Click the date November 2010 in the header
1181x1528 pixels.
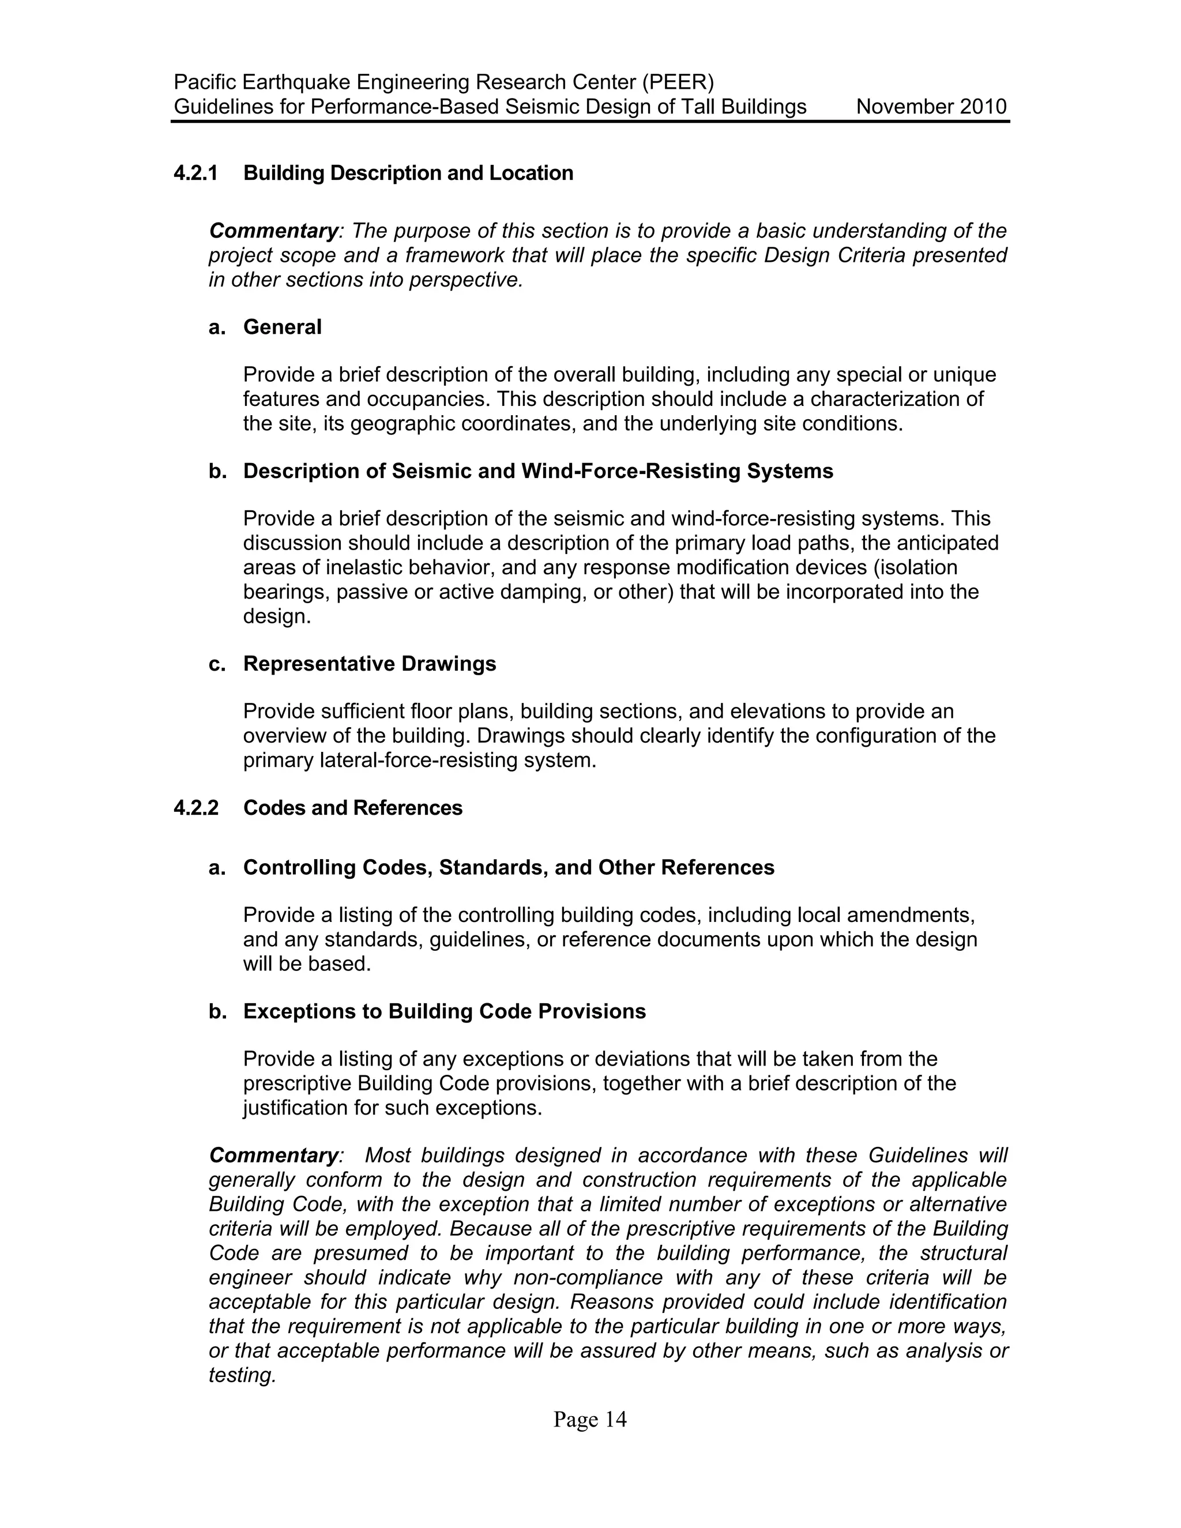[x=931, y=107]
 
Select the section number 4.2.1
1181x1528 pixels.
[x=196, y=173]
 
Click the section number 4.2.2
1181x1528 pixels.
[x=196, y=807]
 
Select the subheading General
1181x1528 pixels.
[x=282, y=327]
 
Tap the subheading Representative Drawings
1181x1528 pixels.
[x=370, y=663]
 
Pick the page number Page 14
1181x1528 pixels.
[x=590, y=1419]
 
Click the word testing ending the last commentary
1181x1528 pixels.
[x=242, y=1375]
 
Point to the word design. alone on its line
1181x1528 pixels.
[x=276, y=616]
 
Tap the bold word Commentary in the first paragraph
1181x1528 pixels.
[x=273, y=231]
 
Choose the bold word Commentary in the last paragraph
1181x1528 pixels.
[x=273, y=1155]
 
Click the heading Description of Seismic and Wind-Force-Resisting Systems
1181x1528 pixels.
[x=538, y=471]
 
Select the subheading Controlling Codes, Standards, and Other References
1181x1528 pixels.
[x=509, y=868]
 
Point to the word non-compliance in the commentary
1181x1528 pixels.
[x=588, y=1278]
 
